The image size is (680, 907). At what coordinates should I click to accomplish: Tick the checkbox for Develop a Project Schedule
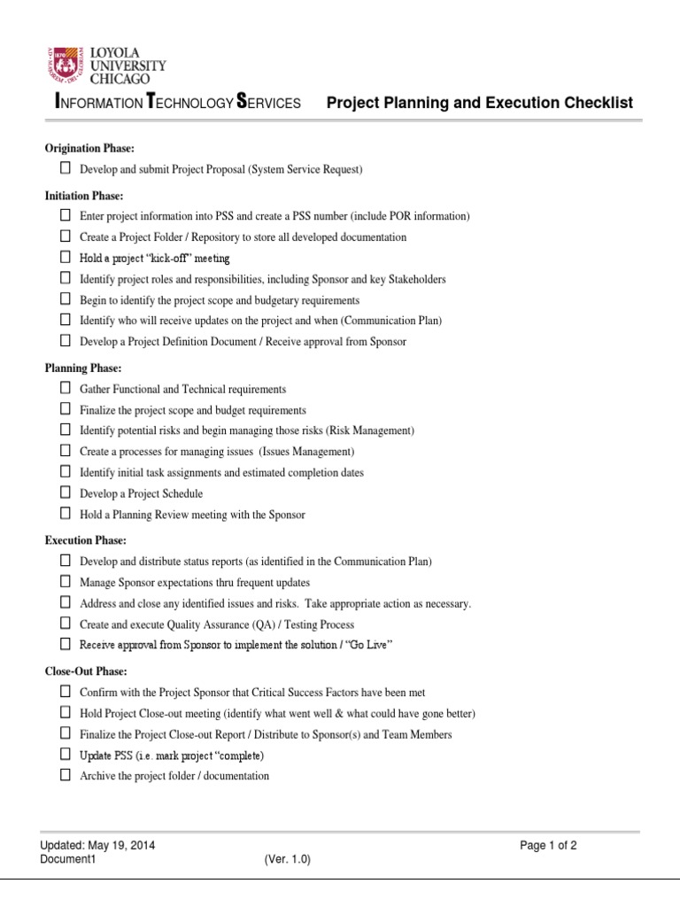(66, 492)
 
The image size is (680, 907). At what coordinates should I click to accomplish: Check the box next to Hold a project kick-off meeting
(66, 258)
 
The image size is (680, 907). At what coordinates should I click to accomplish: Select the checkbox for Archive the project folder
(66, 775)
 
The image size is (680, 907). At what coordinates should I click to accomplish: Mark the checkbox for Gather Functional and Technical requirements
(66, 388)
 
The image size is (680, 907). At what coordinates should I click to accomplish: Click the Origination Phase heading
(89, 148)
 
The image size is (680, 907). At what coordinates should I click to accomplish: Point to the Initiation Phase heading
(84, 195)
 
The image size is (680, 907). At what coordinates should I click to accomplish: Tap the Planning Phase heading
(83, 368)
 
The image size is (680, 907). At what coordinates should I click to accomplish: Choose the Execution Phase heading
(85, 539)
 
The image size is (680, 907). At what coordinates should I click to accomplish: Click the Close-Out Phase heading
(86, 671)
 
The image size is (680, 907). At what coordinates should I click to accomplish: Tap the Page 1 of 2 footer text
(549, 845)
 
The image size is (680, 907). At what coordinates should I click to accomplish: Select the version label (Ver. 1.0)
(288, 859)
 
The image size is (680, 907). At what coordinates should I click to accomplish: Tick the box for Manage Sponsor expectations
(66, 582)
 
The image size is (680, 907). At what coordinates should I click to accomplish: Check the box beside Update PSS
(66, 755)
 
